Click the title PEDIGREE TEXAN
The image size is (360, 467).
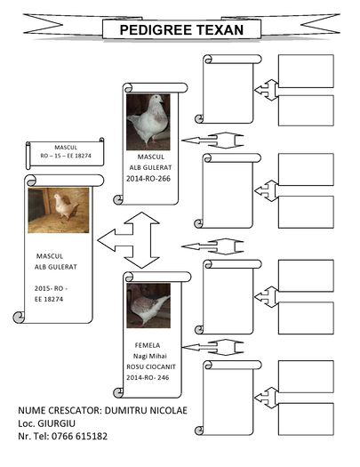[x=182, y=30]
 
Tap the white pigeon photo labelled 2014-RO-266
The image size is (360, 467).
[x=148, y=120]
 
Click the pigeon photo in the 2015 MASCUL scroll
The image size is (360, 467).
[x=59, y=209]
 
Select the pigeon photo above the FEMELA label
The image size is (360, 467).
[x=148, y=305]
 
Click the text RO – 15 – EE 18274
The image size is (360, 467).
[x=65, y=156]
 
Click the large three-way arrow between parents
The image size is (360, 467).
[x=129, y=240]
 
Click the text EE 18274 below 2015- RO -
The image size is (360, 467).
[x=51, y=301]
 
